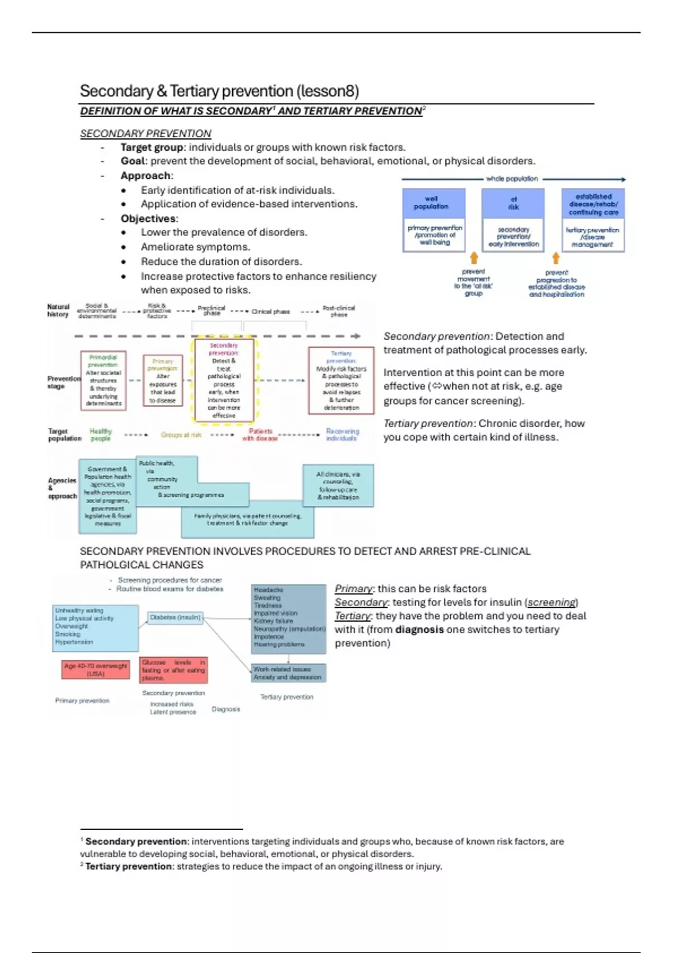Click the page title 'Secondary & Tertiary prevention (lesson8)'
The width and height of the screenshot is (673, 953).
click(x=219, y=91)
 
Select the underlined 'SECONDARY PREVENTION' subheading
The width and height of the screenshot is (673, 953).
click(x=145, y=133)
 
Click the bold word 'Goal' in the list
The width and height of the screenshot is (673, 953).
click(x=133, y=161)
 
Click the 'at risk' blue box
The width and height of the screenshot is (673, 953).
click(x=513, y=203)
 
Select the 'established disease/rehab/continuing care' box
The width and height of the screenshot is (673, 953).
click(x=593, y=204)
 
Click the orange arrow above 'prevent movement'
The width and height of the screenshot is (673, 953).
click(x=474, y=258)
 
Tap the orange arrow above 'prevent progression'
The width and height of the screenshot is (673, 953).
click(x=556, y=258)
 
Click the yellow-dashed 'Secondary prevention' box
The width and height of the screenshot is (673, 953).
click(x=224, y=381)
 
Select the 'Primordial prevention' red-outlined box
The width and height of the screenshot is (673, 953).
click(x=103, y=381)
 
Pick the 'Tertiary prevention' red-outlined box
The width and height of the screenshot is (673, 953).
click(x=341, y=381)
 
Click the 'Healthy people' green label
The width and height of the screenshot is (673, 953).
click(x=101, y=435)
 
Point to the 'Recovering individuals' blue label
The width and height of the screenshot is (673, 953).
click(x=342, y=435)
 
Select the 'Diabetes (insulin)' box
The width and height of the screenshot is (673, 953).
click(x=176, y=618)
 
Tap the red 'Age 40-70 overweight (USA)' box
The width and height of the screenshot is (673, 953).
click(x=95, y=669)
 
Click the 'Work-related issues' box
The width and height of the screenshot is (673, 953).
click(x=288, y=673)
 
